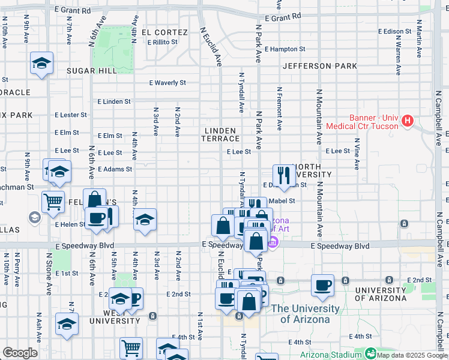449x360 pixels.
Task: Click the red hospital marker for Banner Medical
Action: pyautogui.click(x=408, y=121)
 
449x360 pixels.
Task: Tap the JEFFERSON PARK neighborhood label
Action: pyautogui.click(x=320, y=66)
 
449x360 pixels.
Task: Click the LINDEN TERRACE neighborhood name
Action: pyautogui.click(x=222, y=134)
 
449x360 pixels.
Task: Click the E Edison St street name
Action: pyautogui.click(x=394, y=31)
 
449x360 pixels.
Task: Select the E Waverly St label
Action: pyautogui.click(x=167, y=83)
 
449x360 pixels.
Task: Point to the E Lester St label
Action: pyautogui.click(x=71, y=115)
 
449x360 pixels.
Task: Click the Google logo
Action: pyautogui.click(x=20, y=353)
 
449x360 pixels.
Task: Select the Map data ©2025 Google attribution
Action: pyautogui.click(x=411, y=355)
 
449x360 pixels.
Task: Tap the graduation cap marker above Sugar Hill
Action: pyautogui.click(x=41, y=63)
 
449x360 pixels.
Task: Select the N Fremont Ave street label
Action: pyautogui.click(x=279, y=108)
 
